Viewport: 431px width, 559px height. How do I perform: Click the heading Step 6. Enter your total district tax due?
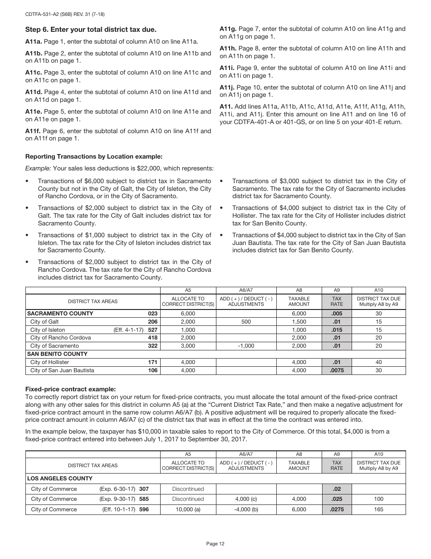click(x=91, y=30)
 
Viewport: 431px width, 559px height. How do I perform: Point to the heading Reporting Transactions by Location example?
click(x=93, y=156)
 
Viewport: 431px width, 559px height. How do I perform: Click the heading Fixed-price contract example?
click(x=70, y=389)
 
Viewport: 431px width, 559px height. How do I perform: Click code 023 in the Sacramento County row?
click(x=152, y=314)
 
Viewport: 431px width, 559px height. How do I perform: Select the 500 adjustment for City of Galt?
click(x=246, y=322)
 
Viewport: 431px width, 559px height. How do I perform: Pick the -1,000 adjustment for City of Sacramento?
click(x=246, y=346)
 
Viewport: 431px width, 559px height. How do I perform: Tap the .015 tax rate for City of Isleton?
click(x=337, y=330)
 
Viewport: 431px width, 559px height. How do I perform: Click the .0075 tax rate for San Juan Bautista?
click(x=337, y=370)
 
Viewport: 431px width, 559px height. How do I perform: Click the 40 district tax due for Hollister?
click(x=378, y=362)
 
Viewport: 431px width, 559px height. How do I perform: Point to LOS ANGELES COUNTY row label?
click(x=59, y=479)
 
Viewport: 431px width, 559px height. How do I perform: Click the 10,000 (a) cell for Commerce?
click(x=188, y=509)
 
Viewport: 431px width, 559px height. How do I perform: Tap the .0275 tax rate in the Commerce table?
click(x=337, y=509)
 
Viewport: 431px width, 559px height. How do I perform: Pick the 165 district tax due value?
click(x=378, y=509)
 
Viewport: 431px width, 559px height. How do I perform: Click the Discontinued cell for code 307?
click(x=188, y=489)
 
